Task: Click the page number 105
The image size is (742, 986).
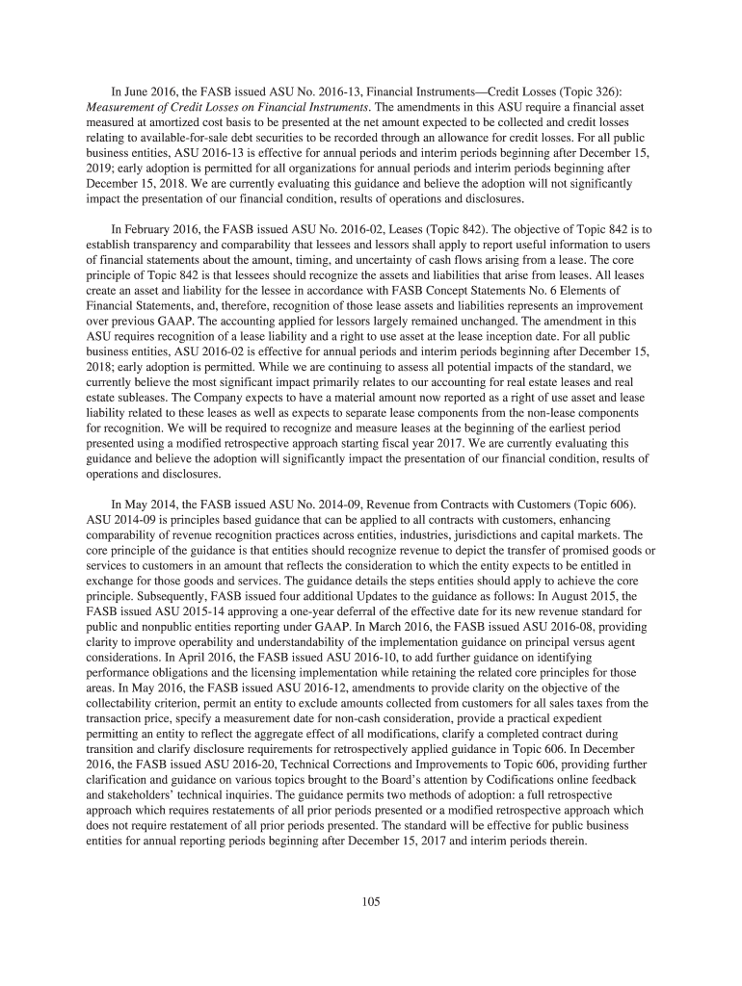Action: pyautogui.click(x=371, y=902)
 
